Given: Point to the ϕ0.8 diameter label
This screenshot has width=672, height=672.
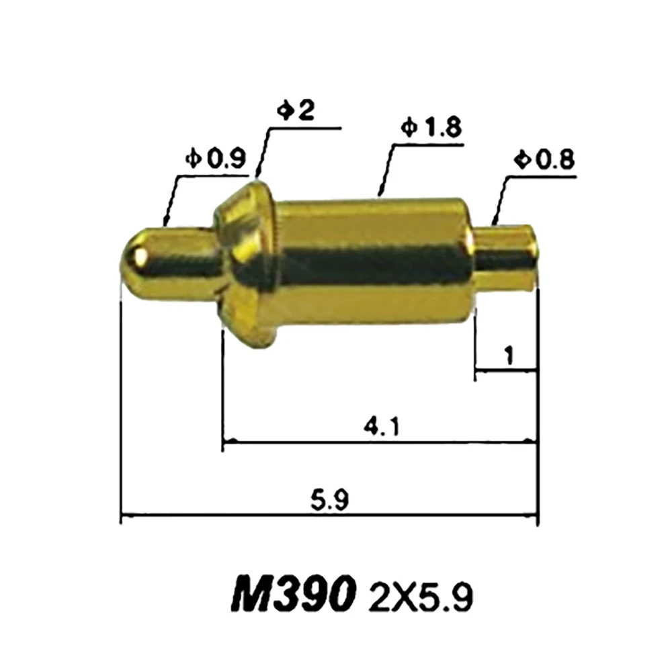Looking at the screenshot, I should coord(544,160).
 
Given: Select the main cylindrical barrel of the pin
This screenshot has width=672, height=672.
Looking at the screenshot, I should coord(373,262).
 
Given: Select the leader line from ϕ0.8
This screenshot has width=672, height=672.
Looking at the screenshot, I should coord(500,200).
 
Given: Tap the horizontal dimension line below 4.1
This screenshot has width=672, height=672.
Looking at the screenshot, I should coord(380,442).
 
